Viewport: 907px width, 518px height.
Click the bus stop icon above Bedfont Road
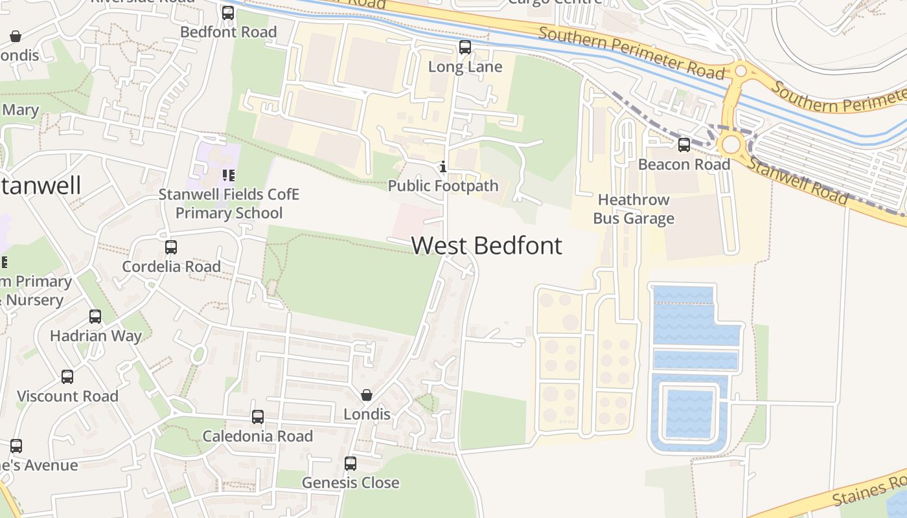tap(228, 12)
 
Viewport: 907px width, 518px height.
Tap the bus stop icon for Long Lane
tap(465, 47)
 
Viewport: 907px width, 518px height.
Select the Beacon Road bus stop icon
tap(684, 144)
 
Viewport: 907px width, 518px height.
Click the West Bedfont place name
tap(487, 246)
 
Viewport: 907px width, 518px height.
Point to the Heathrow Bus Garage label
tap(634, 209)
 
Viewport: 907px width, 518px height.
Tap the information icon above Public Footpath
tap(443, 167)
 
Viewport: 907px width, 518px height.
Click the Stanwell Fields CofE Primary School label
tap(229, 204)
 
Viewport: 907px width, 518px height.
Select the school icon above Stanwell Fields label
tap(228, 175)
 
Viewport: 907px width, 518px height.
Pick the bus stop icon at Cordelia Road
tap(171, 247)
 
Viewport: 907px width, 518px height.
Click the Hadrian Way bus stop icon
tap(95, 316)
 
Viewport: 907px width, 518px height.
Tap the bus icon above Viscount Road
tap(67, 376)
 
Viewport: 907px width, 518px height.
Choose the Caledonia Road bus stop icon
tap(258, 416)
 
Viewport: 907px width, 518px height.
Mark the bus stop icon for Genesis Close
tap(350, 463)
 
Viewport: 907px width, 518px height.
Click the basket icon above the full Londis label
tap(367, 395)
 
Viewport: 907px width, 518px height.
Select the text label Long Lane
tap(465, 67)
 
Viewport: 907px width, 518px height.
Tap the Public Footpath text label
tap(443, 186)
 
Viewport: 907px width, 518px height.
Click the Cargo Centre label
tap(555, 2)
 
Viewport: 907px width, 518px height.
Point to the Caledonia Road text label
tap(258, 436)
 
